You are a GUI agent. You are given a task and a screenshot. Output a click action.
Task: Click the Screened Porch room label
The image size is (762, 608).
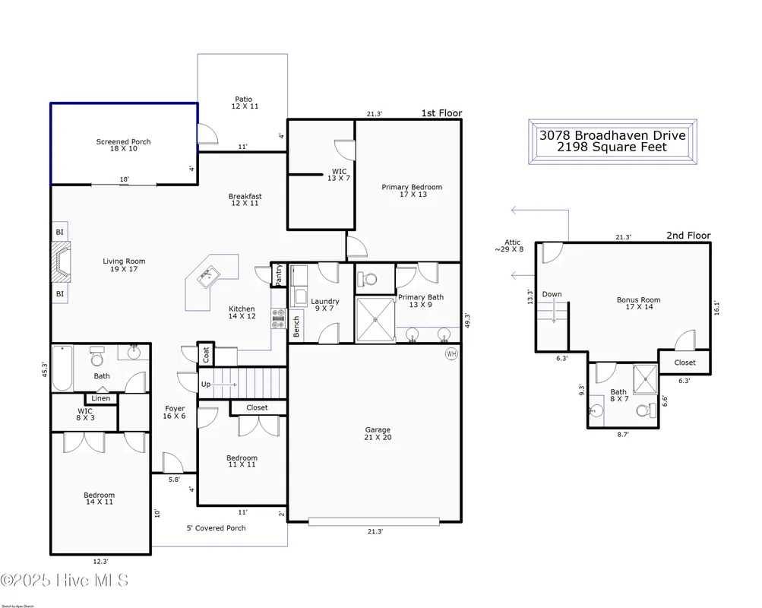tap(123, 145)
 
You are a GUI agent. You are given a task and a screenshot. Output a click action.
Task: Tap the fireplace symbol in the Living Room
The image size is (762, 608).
tap(61, 261)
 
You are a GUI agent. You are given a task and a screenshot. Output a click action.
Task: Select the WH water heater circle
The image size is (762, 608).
tap(451, 353)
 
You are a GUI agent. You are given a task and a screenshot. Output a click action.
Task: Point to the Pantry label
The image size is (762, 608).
tap(279, 274)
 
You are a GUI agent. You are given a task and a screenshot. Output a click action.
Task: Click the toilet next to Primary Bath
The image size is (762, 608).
tap(369, 279)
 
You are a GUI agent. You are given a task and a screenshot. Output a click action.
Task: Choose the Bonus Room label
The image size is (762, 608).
tap(638, 303)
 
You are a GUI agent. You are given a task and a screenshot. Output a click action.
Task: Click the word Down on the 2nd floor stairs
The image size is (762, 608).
tap(552, 294)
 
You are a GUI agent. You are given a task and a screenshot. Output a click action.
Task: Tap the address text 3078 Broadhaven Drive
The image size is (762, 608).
tap(612, 135)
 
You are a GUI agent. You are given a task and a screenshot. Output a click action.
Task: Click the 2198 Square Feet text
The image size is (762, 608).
tap(612, 147)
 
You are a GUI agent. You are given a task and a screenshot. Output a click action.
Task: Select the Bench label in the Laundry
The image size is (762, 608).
tap(296, 325)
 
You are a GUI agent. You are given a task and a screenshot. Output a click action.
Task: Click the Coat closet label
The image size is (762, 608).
tap(205, 355)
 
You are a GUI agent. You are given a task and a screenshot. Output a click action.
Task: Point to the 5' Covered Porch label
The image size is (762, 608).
tap(216, 527)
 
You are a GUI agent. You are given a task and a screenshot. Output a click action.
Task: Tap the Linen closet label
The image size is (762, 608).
tap(101, 398)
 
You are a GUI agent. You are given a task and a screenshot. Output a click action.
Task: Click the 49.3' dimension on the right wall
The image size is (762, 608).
tap(467, 321)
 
